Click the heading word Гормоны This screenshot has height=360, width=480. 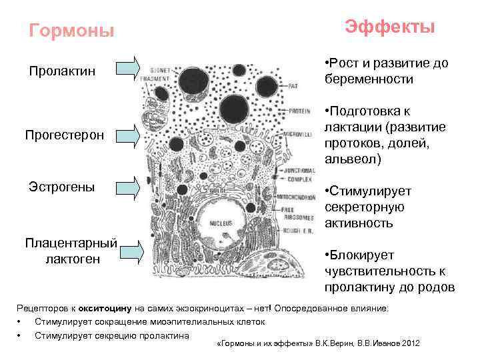[x=72, y=31]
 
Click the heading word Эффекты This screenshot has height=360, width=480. [x=390, y=27]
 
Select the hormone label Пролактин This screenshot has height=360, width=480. [x=61, y=71]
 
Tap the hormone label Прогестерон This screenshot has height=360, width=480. [x=64, y=135]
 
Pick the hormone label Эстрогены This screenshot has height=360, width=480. [x=61, y=186]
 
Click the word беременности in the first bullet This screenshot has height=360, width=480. [x=369, y=79]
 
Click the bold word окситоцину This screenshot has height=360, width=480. [x=105, y=309]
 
